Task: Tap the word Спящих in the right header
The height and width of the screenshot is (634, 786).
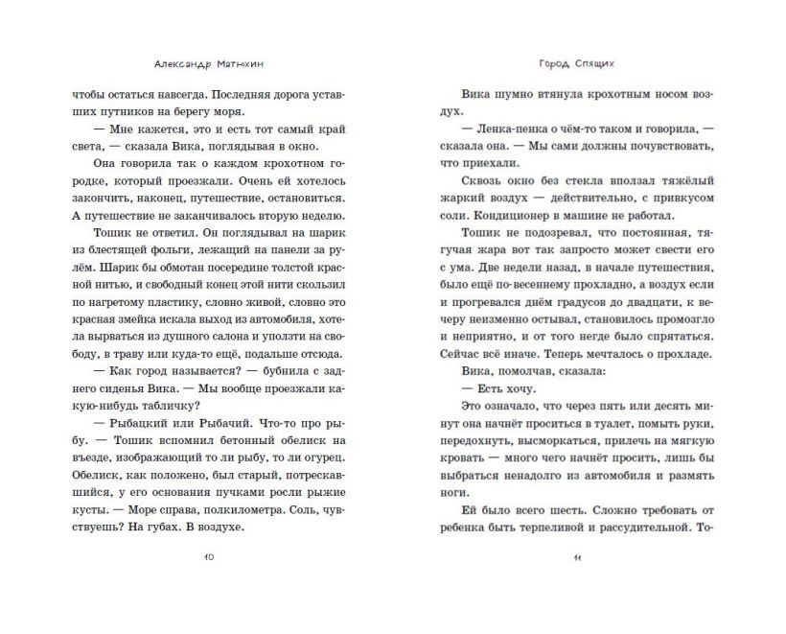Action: (x=594, y=57)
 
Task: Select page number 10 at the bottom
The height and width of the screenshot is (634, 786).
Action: (x=210, y=558)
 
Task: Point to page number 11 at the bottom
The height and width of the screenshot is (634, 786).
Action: (x=575, y=558)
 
